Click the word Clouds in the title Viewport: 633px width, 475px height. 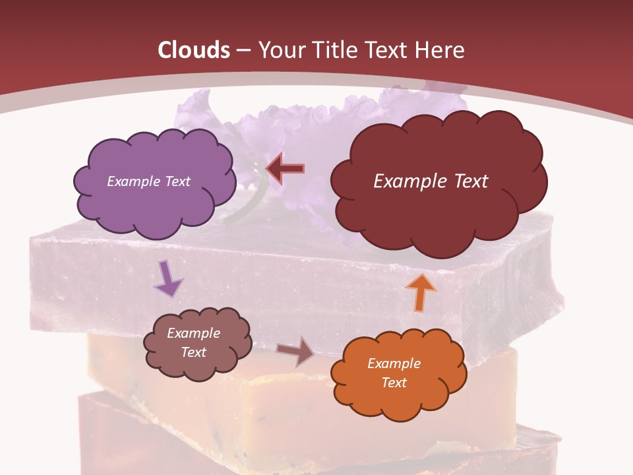pos(194,50)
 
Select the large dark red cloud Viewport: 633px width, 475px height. pos(438,211)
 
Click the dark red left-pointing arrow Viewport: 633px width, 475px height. pos(285,169)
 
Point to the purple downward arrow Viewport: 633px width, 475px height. pos(168,278)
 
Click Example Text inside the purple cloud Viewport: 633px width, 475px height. pos(148,181)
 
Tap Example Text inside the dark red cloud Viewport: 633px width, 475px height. pos(431,181)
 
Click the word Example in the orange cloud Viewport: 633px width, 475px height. pos(394,364)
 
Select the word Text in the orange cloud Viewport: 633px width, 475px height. pos(394,383)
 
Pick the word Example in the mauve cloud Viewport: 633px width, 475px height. pos(193,333)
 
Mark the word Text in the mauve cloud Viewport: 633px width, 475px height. pos(193,352)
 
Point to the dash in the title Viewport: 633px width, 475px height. pos(243,51)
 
